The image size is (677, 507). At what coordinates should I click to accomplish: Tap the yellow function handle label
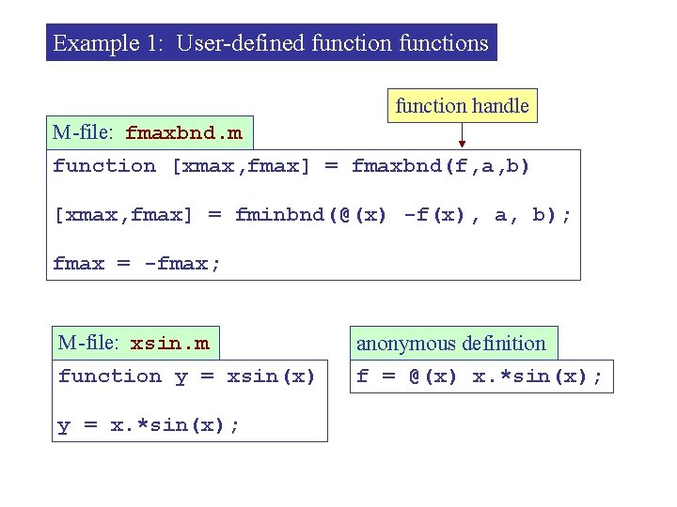[x=462, y=106]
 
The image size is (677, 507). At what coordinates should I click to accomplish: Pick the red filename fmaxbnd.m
[x=183, y=133]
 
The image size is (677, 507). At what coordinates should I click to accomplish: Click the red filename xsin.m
[x=169, y=344]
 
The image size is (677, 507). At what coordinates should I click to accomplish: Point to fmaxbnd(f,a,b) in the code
[x=441, y=166]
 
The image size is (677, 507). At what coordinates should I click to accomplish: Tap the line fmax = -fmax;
[x=137, y=264]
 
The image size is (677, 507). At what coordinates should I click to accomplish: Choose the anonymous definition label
[x=451, y=344]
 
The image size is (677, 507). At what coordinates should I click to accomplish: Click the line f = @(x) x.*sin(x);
[x=480, y=376]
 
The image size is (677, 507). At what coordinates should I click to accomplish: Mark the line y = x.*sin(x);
[x=149, y=425]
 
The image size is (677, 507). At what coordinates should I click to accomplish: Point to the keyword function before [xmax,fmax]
[x=104, y=166]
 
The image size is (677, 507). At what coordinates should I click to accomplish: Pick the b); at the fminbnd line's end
[x=552, y=215]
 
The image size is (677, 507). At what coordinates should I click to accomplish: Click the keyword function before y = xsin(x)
[x=110, y=376]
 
